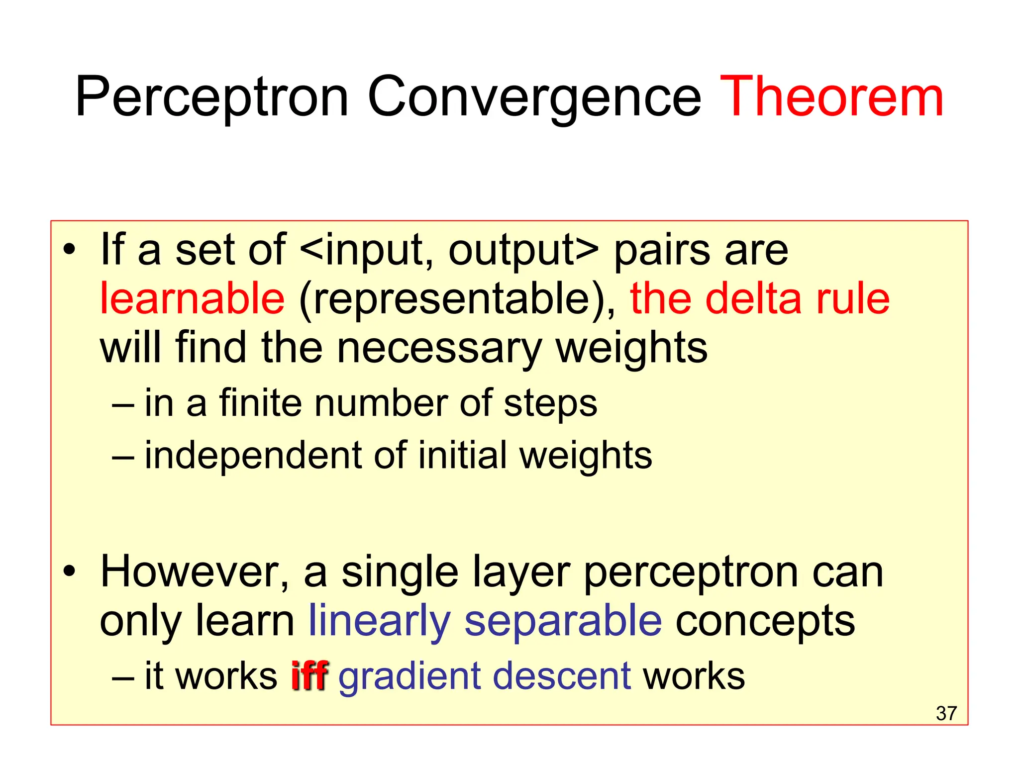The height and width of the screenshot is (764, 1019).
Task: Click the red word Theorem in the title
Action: pos(831,97)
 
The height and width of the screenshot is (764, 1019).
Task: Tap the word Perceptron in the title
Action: pos(212,97)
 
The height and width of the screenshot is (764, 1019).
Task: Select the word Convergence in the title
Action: pos(534,97)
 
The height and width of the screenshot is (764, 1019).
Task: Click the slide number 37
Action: pos(946,713)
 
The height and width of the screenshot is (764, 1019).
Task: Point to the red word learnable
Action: pos(193,298)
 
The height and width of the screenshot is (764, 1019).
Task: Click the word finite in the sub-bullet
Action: pos(260,403)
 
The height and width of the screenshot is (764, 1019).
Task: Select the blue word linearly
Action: pos(380,622)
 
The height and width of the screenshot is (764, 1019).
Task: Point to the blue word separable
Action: pos(563,622)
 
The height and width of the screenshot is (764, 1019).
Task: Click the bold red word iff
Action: pos(309,676)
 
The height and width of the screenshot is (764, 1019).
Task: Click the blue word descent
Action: pos(562,676)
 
